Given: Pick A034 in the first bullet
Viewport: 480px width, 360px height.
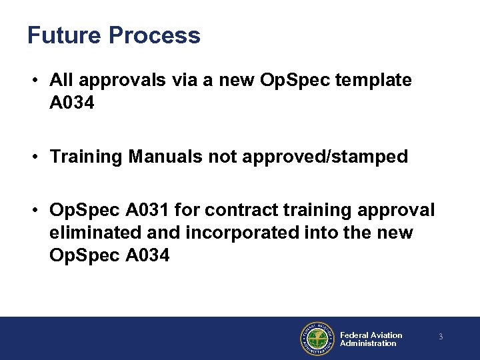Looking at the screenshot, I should point(72,103).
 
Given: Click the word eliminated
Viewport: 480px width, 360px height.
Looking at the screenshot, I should point(93,233).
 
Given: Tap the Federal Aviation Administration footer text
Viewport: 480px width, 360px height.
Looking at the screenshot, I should point(371,339).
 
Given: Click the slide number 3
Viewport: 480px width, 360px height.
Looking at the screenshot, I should point(441,337).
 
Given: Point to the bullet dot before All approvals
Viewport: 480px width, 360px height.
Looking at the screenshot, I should point(33,81).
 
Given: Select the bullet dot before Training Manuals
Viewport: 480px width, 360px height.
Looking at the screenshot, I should point(33,158).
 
